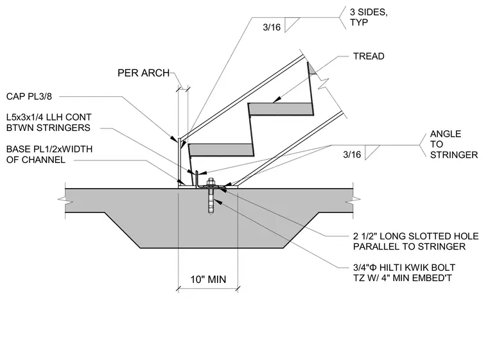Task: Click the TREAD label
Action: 369,56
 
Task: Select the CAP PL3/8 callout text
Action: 29,96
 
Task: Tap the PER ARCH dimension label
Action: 143,73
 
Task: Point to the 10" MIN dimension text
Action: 208,279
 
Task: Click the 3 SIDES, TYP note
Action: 369,17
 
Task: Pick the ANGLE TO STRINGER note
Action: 454,144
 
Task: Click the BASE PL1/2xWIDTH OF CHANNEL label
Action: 49,154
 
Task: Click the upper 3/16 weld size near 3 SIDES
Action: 272,28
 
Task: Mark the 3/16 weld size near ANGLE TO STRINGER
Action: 352,154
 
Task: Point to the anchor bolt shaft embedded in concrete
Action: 211,201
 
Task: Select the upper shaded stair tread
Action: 281,109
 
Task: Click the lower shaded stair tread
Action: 222,150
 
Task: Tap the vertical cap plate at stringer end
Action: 180,162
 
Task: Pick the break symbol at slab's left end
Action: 65,201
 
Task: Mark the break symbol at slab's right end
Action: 353,200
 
